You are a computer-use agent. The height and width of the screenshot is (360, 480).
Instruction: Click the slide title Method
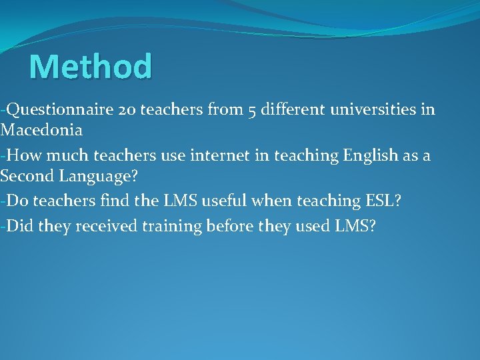coord(91,67)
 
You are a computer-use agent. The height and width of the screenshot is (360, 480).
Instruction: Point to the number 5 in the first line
coord(252,110)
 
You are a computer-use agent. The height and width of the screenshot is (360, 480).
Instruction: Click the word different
coord(292,109)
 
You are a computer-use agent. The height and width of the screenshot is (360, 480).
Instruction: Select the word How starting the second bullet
coord(24,156)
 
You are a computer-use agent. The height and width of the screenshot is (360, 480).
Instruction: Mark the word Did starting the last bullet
coord(21,226)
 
